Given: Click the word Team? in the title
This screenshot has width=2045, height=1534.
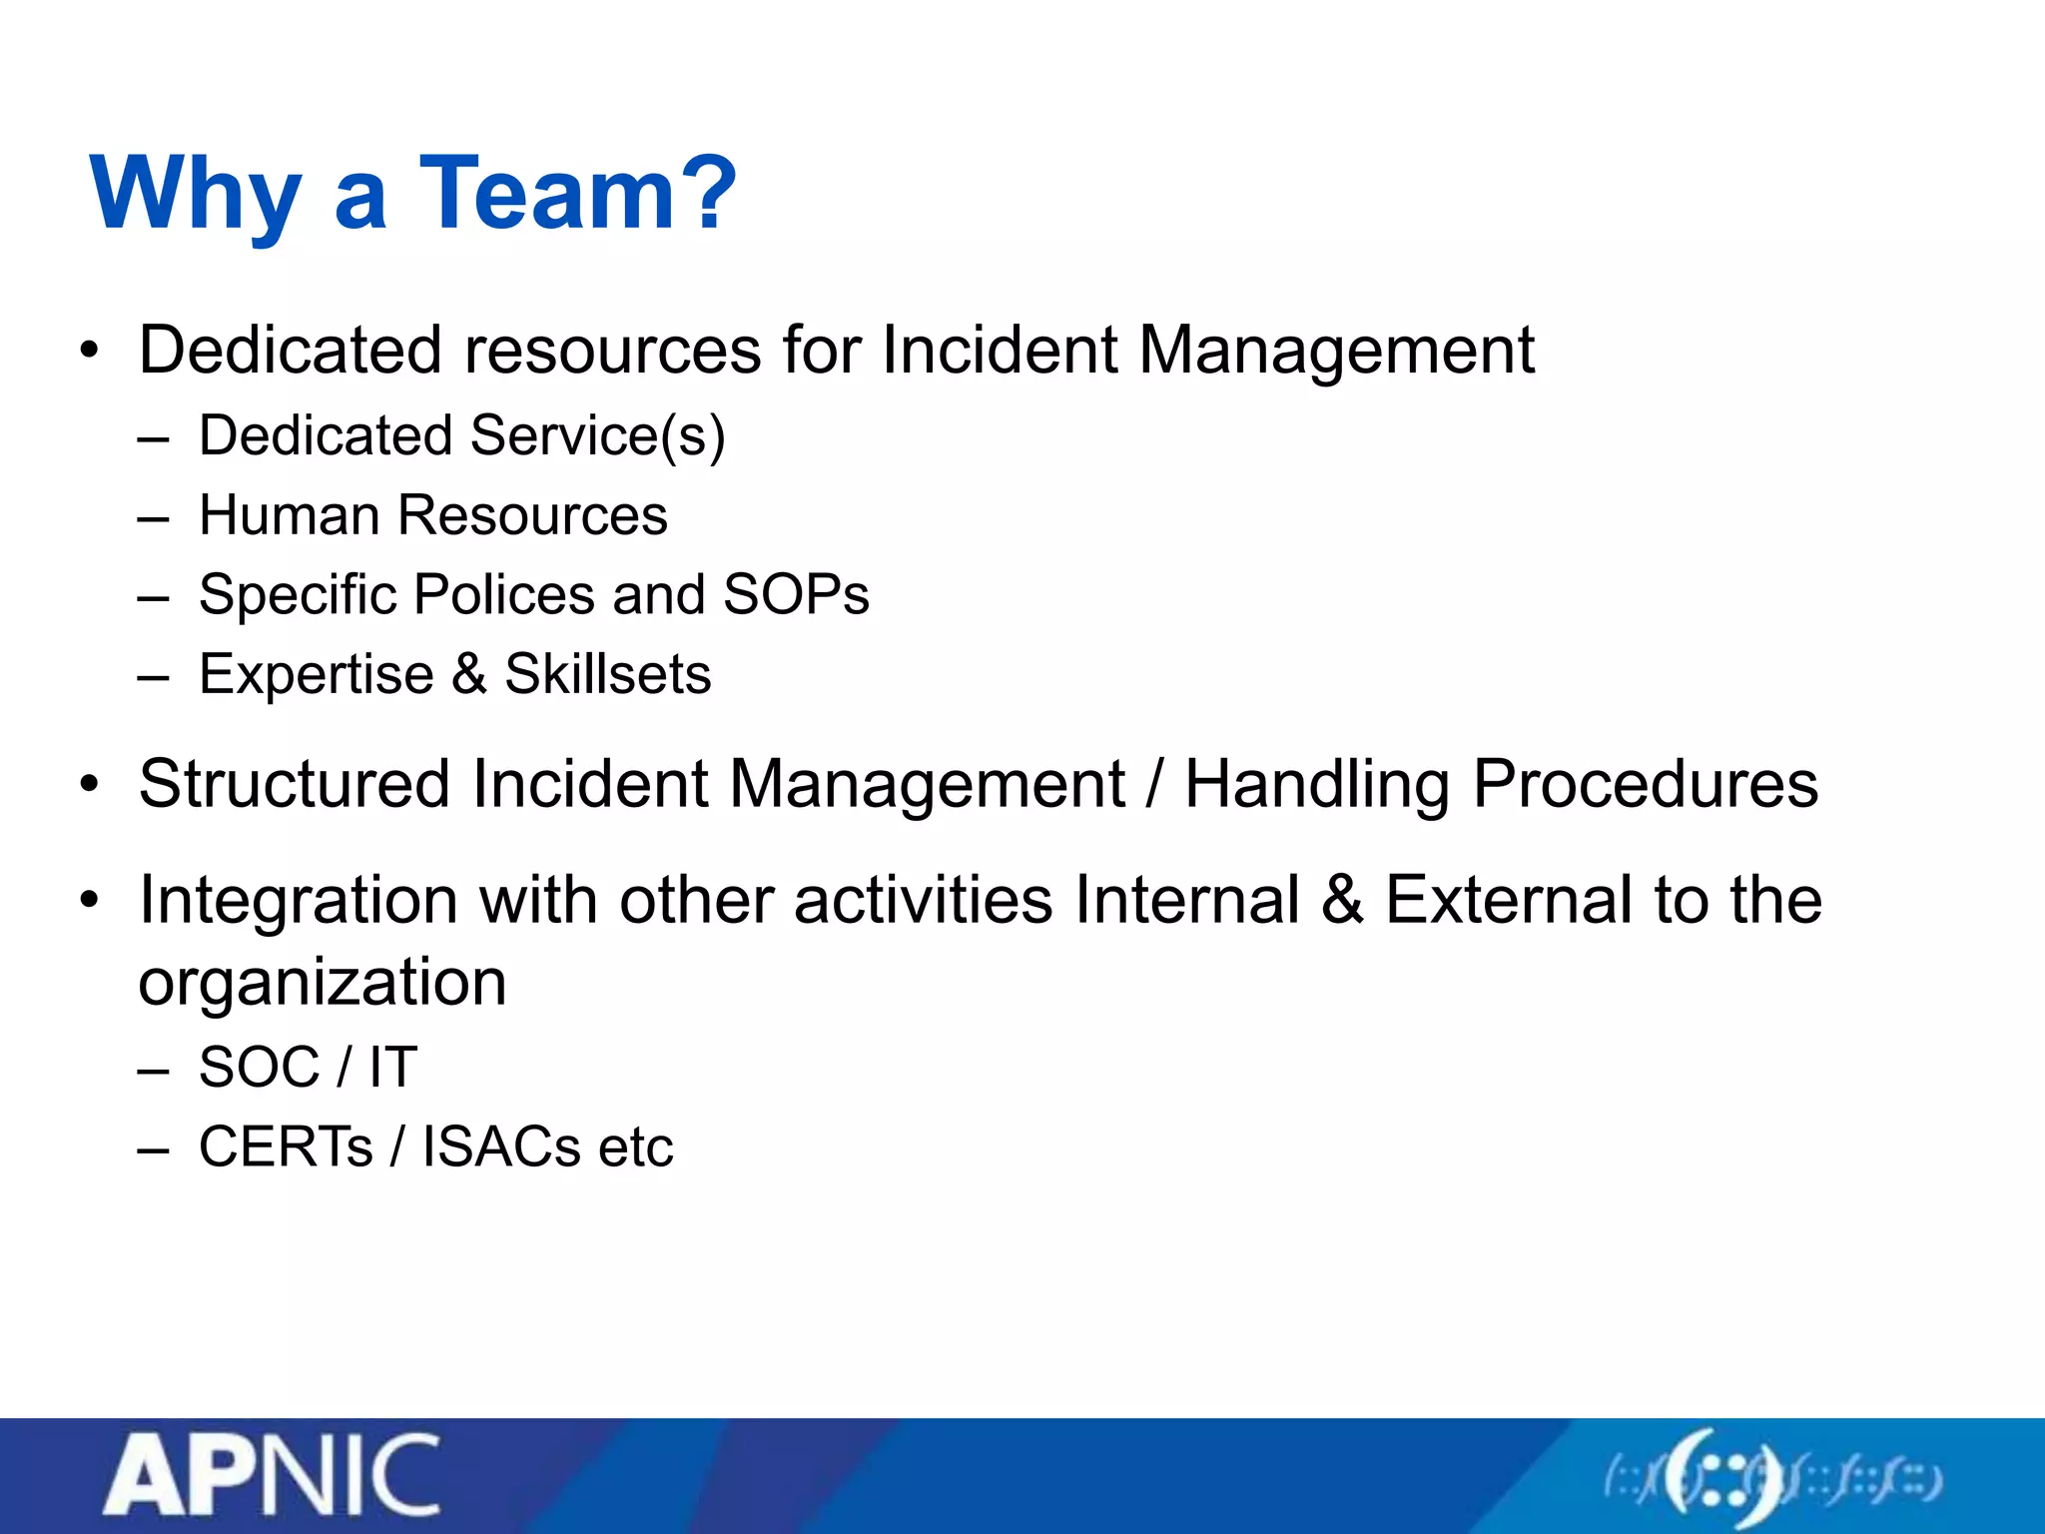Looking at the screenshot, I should click(577, 193).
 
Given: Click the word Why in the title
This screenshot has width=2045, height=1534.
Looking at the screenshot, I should click(196, 193).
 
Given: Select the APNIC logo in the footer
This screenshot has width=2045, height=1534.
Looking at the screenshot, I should click(272, 1476).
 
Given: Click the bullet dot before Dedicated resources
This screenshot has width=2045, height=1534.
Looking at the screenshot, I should click(91, 351).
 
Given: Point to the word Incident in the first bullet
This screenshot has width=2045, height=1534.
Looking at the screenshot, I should click(999, 351).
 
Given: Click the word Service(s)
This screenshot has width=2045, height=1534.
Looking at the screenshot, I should click(597, 436).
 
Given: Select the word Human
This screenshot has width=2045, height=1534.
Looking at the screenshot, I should click(289, 515).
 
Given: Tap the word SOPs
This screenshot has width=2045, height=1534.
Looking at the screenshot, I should click(796, 595).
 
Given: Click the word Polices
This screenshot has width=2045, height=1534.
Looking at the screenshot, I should click(504, 595).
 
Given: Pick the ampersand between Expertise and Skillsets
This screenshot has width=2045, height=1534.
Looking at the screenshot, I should click(468, 674).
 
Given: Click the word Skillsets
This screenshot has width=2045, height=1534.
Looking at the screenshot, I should click(607, 674).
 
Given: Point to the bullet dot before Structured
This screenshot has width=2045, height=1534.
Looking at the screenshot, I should click(91, 785).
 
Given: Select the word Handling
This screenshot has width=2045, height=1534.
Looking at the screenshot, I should click(1316, 785).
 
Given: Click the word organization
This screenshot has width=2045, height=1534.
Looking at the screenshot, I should click(323, 983).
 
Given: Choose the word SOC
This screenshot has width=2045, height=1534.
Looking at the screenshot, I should click(259, 1068).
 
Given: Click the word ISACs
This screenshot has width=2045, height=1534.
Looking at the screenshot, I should click(500, 1147).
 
